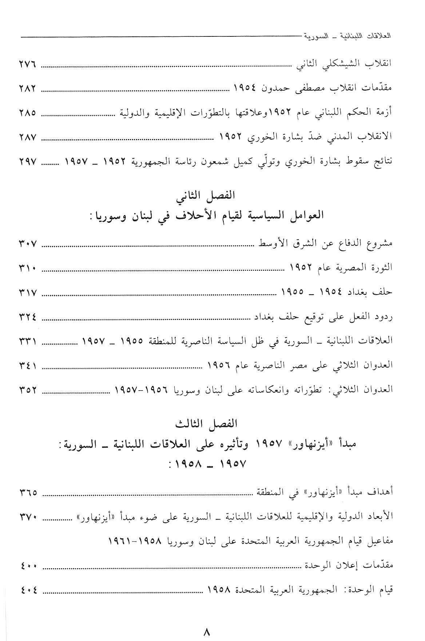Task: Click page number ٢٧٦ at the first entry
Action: click(27, 66)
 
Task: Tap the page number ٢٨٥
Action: click(27, 113)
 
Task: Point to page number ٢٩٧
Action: click(27, 161)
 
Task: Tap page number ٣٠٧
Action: click(27, 244)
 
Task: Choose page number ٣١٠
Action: click(27, 268)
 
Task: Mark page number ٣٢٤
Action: click(27, 317)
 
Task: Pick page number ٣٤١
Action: click(27, 365)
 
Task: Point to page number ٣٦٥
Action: click(27, 493)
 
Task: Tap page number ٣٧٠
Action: click(27, 517)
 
